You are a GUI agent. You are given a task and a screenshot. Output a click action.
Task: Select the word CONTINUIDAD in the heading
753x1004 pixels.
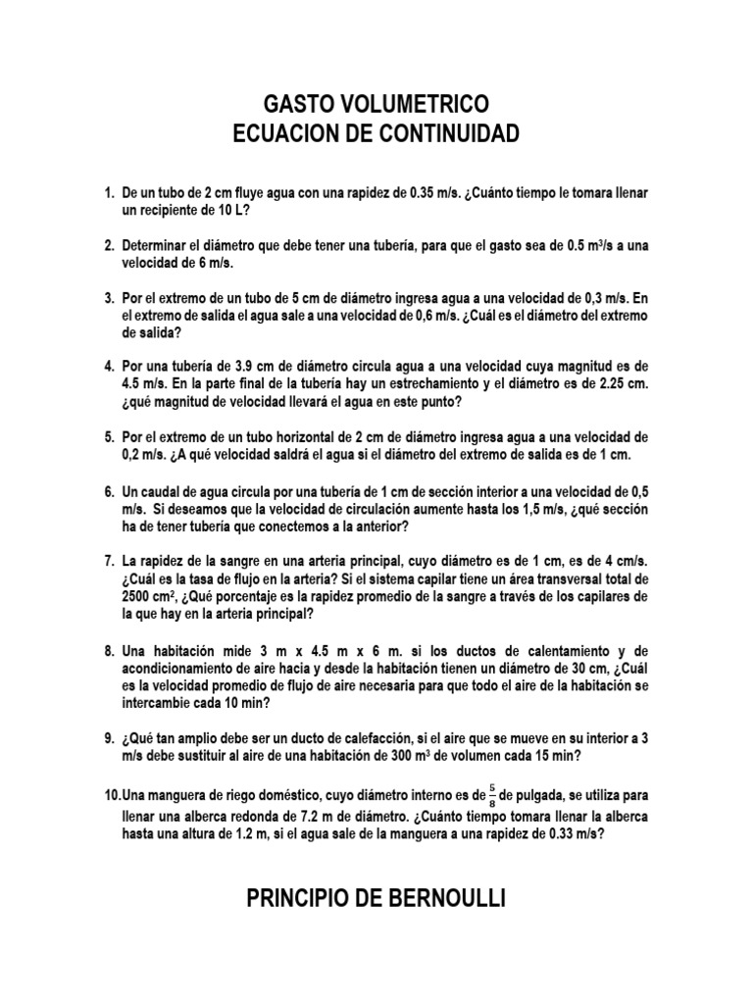(x=447, y=133)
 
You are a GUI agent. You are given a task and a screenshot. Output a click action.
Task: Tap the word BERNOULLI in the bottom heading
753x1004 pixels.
(x=446, y=898)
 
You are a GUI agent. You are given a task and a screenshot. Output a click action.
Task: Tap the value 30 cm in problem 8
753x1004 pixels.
(x=551, y=668)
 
